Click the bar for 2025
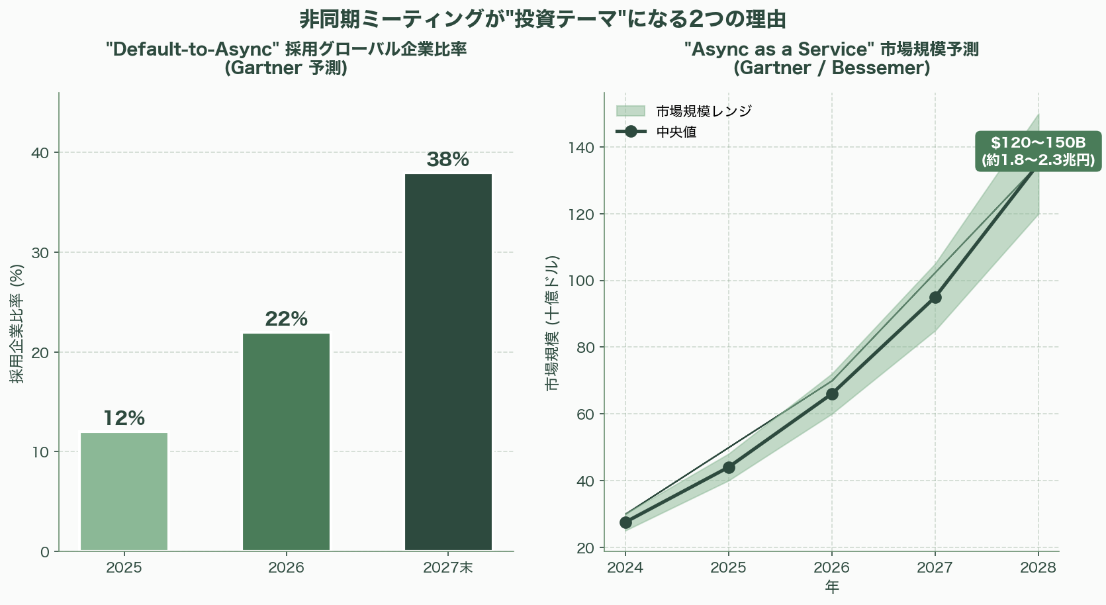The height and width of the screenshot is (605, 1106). (124, 491)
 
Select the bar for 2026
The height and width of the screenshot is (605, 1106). (286, 442)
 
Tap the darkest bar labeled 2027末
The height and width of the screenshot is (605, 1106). (448, 362)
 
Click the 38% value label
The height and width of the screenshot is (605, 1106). (448, 160)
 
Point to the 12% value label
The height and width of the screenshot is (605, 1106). (124, 418)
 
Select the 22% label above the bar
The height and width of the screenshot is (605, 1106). (286, 319)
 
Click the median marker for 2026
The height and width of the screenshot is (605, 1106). (832, 394)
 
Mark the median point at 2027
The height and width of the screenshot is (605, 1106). (935, 297)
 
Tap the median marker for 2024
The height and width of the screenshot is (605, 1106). (625, 522)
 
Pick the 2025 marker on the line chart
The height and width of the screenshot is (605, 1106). (729, 467)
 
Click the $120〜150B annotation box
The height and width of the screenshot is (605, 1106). (1038, 152)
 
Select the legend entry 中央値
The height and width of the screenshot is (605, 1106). (676, 132)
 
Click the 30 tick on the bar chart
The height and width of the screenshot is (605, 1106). (41, 252)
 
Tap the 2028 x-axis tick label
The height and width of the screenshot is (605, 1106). (1038, 568)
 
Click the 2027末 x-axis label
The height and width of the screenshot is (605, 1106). (448, 568)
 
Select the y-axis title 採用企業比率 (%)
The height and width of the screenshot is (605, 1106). (17, 324)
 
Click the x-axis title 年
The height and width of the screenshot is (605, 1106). (832, 587)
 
